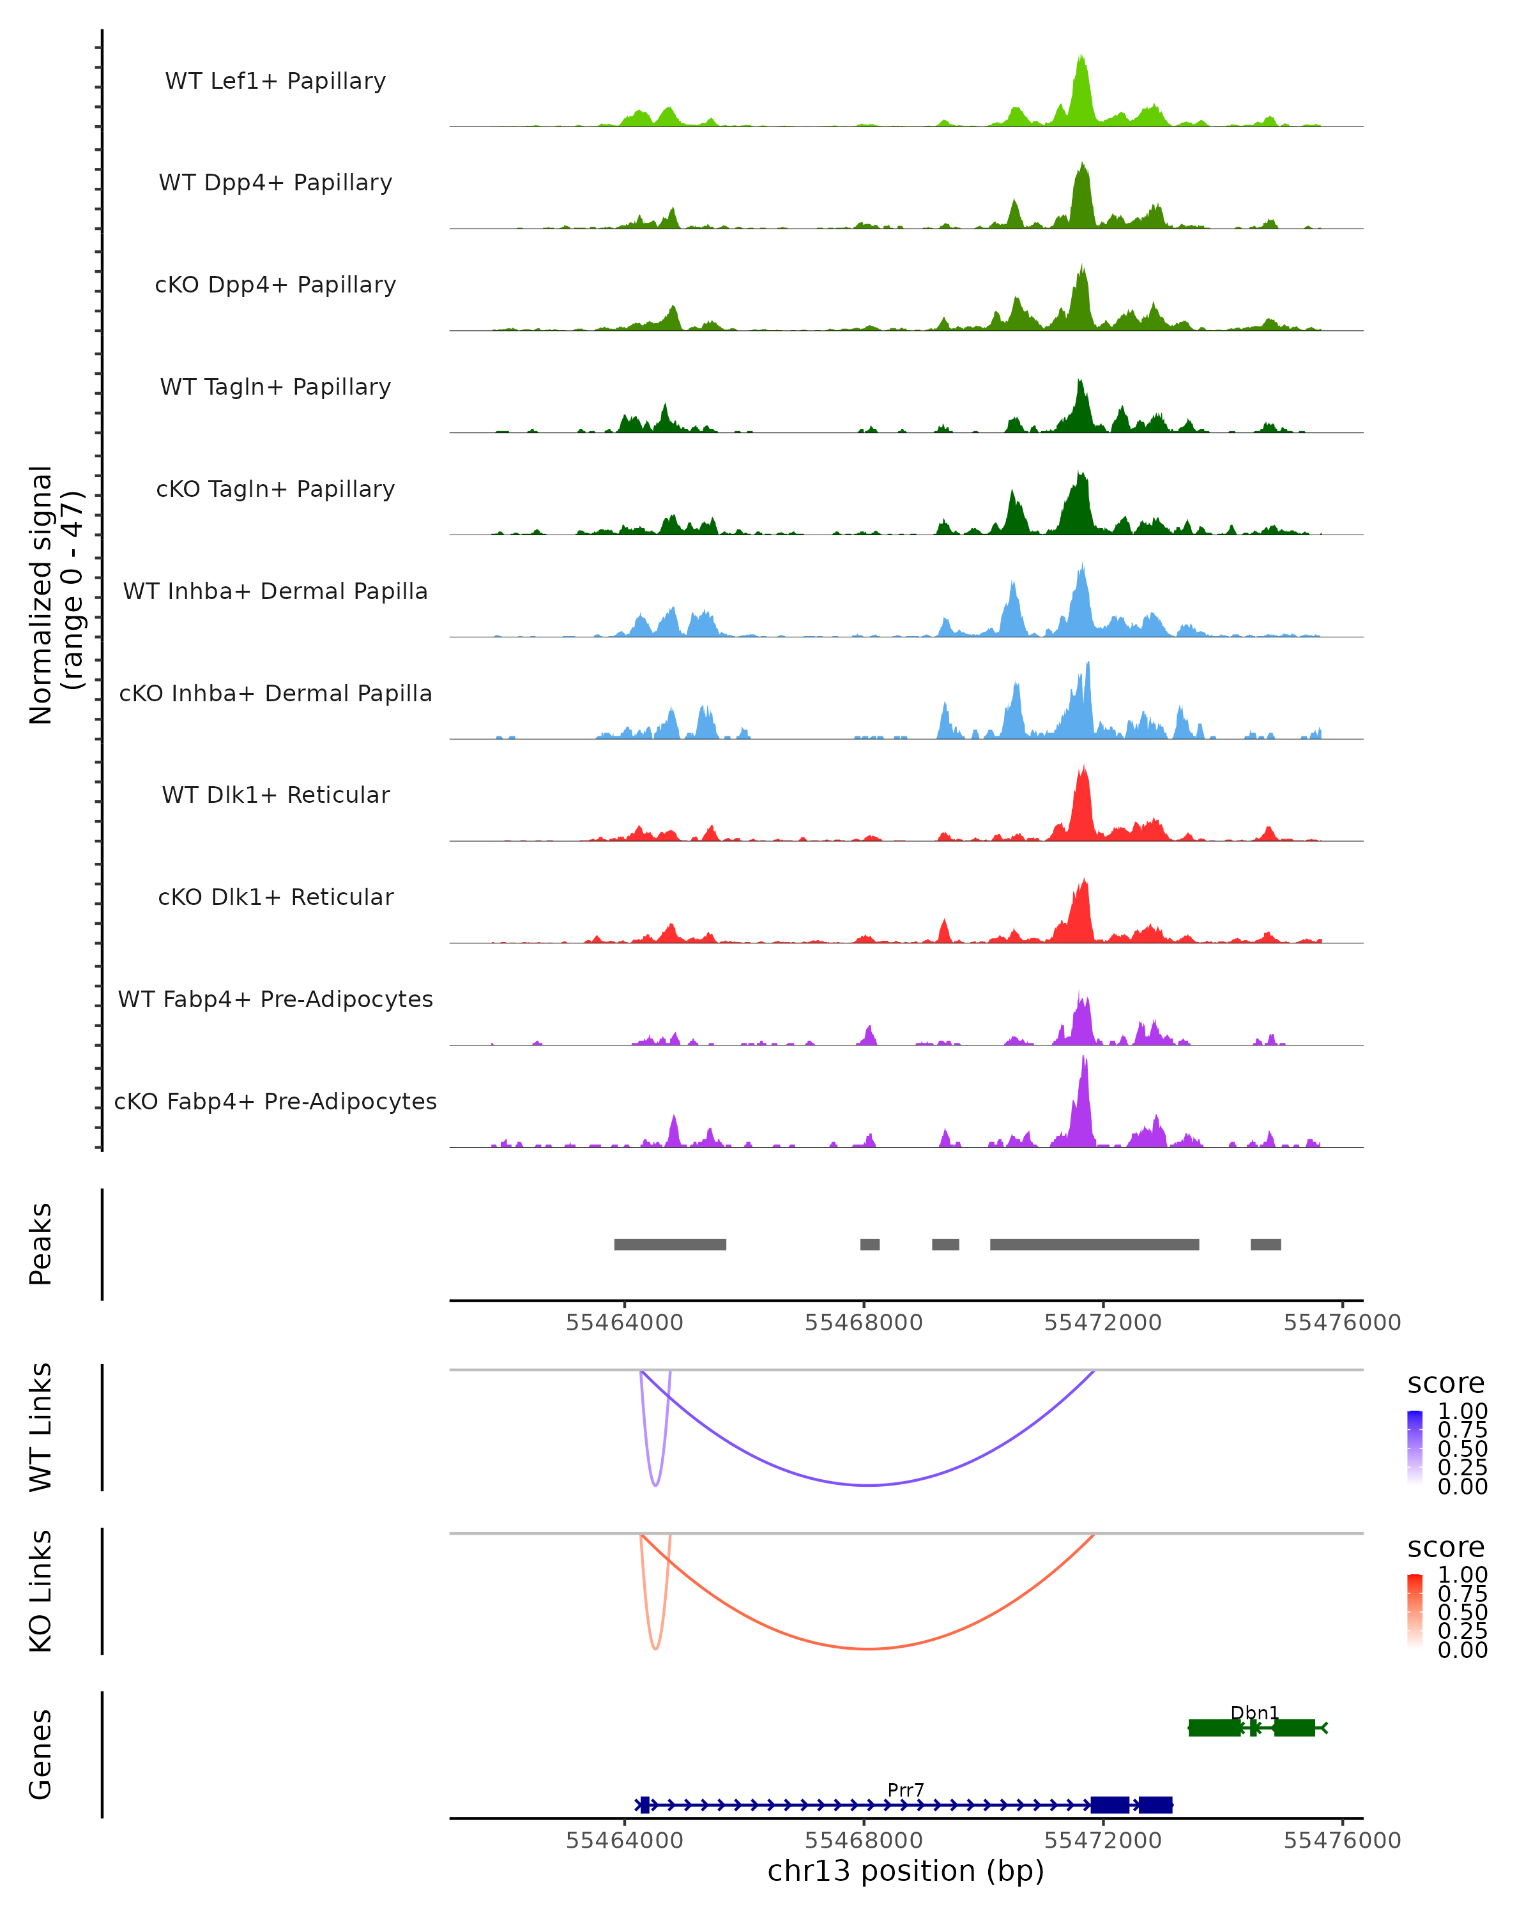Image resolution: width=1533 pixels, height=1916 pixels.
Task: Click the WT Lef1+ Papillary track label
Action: click(x=275, y=81)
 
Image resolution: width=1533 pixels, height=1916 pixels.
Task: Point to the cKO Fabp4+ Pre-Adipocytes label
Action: click(x=275, y=1101)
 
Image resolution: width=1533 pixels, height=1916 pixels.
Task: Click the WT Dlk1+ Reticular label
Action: click(x=275, y=795)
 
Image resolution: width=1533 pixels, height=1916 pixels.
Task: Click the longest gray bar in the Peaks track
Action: click(x=1094, y=1244)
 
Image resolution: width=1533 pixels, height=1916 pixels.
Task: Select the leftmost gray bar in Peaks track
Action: click(x=670, y=1244)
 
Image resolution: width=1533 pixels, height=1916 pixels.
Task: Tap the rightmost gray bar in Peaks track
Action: click(x=1265, y=1244)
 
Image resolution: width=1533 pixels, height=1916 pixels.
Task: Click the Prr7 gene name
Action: click(x=906, y=1790)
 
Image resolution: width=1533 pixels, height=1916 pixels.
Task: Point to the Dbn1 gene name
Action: click(x=1254, y=1712)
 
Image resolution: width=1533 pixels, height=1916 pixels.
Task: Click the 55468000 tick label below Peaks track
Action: click(x=863, y=1323)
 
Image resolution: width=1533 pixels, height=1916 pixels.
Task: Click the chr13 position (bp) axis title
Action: click(x=906, y=1871)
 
